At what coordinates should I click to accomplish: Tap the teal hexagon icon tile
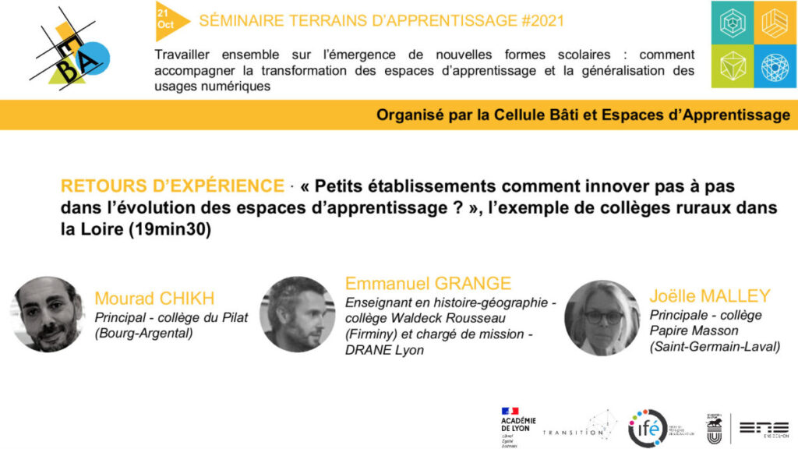733,23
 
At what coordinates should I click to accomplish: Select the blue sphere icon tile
775,66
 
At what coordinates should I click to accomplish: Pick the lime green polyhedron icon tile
733,66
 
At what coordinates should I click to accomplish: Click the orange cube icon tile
775,23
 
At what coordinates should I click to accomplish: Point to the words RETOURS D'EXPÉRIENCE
172,186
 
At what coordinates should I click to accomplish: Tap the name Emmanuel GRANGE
428,283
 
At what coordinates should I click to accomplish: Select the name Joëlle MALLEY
709,296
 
